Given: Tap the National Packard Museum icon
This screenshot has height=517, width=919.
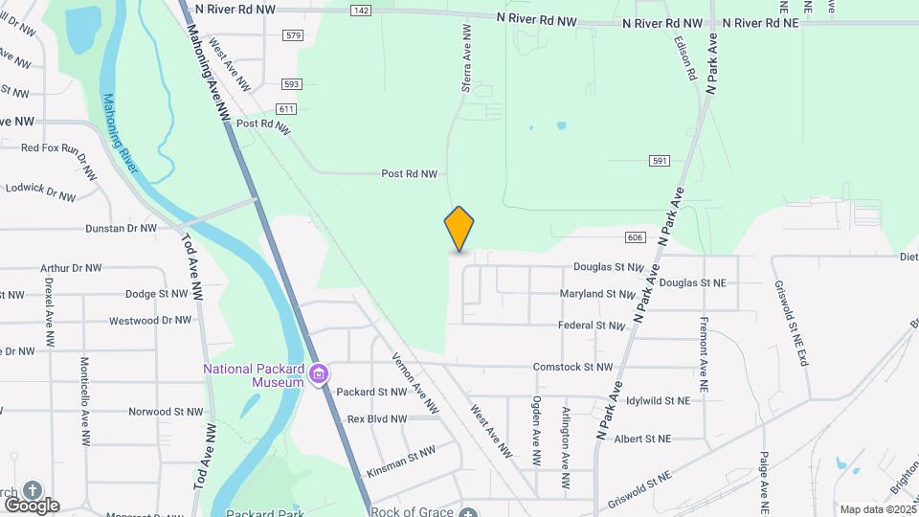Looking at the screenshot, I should [x=321, y=372].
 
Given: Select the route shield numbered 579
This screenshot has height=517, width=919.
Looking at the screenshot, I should [x=293, y=35].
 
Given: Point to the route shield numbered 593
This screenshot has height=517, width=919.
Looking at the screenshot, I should [x=292, y=84].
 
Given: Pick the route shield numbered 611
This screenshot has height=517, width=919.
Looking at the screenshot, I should [x=286, y=109].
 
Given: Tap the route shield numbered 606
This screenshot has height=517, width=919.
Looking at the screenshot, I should [x=636, y=236].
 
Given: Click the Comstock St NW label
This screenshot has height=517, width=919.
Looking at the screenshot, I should [x=572, y=367].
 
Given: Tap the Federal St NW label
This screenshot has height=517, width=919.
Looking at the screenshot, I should [x=591, y=326].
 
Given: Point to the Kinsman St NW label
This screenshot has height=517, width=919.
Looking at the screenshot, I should [x=401, y=461].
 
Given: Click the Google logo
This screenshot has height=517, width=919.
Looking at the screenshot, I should [x=32, y=505].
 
